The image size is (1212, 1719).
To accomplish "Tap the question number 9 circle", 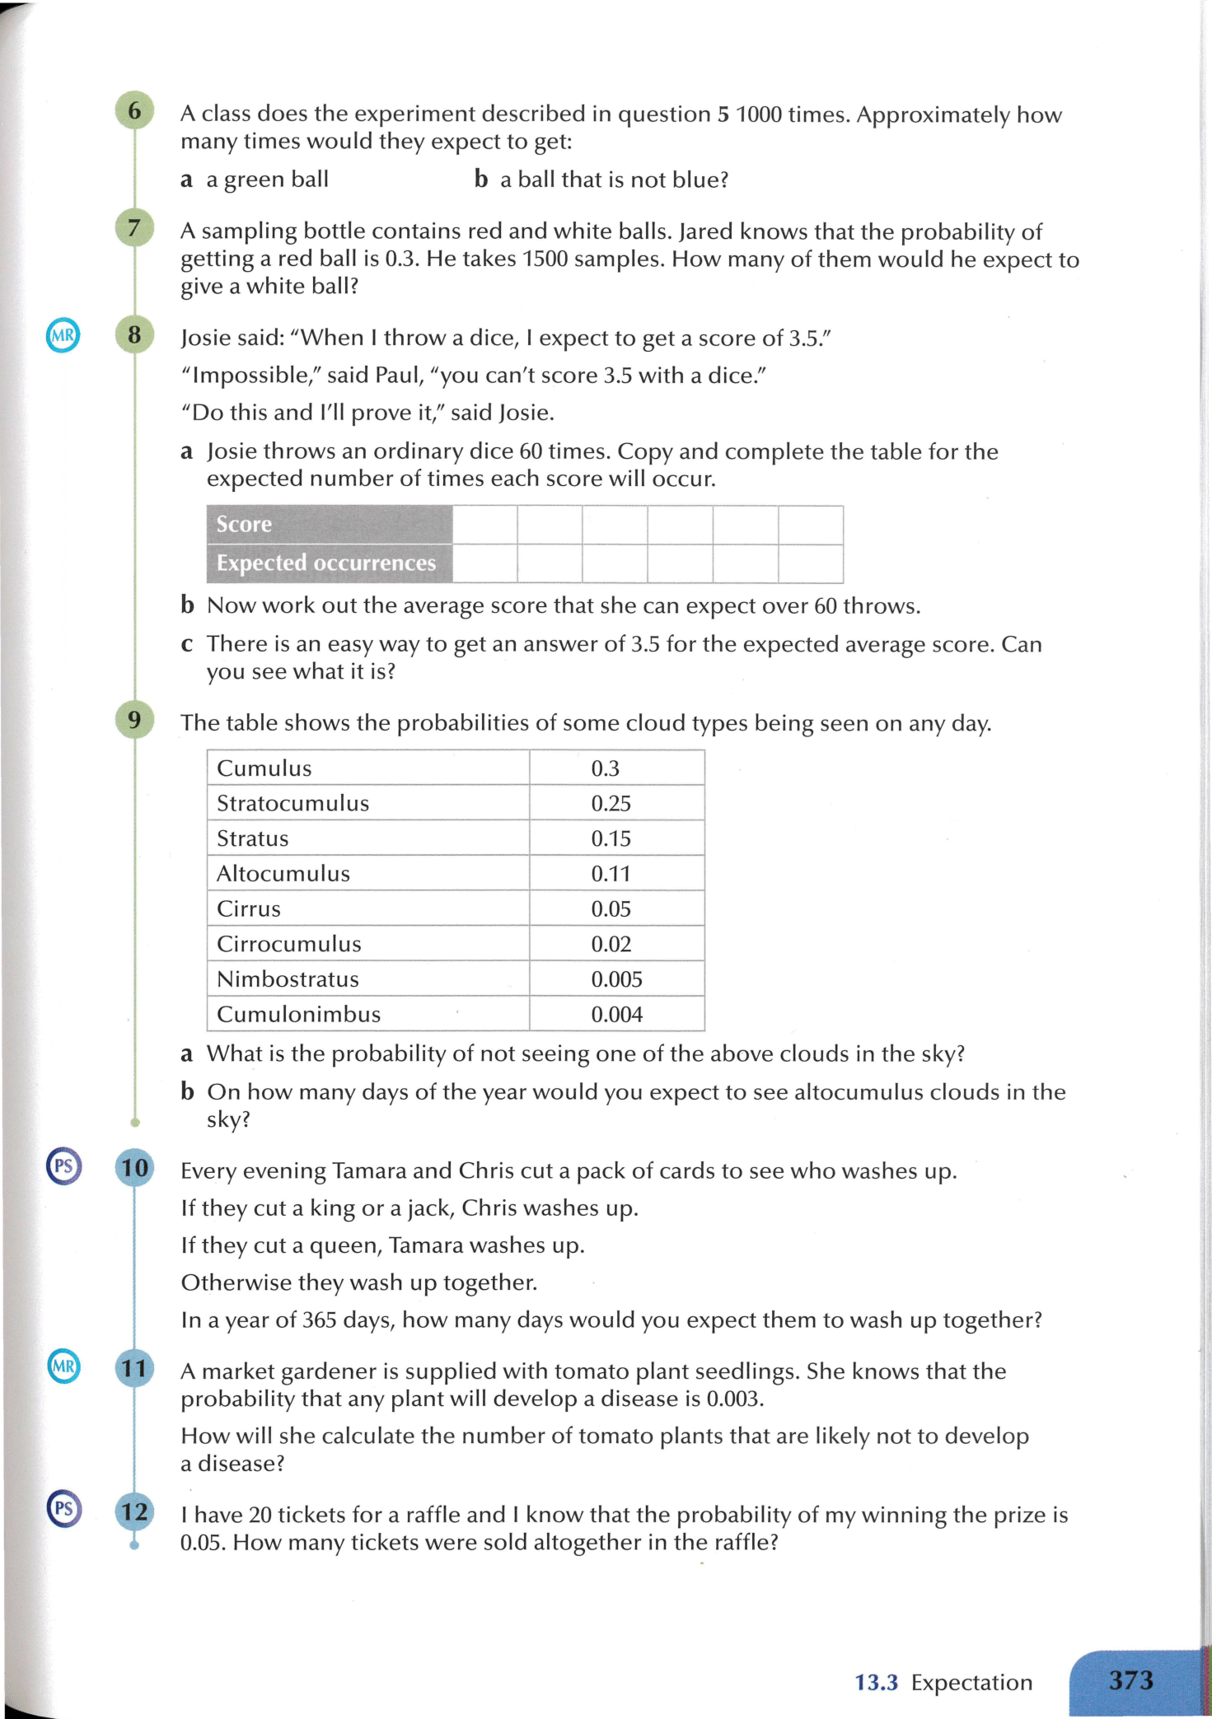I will point(134,720).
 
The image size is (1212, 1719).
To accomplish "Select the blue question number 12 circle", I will point(134,1511).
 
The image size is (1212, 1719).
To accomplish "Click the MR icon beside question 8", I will point(63,335).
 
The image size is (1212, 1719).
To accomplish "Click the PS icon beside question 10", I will point(63,1166).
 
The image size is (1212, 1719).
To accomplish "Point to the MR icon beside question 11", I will point(63,1367).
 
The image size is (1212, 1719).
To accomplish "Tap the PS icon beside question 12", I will point(63,1509).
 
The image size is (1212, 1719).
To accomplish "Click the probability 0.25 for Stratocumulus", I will point(611,803).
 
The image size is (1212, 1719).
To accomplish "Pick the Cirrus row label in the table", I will point(249,909).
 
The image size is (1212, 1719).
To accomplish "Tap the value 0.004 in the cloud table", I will point(616,1015).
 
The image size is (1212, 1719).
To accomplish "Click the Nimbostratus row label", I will point(288,979).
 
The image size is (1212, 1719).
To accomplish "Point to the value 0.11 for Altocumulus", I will point(611,874).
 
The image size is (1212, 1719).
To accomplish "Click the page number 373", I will point(1130,1679).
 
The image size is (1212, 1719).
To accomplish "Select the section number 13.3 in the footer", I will point(876,1682).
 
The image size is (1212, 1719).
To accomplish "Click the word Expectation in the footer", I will point(971,1682).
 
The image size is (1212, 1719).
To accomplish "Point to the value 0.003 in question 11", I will point(735,1399).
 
